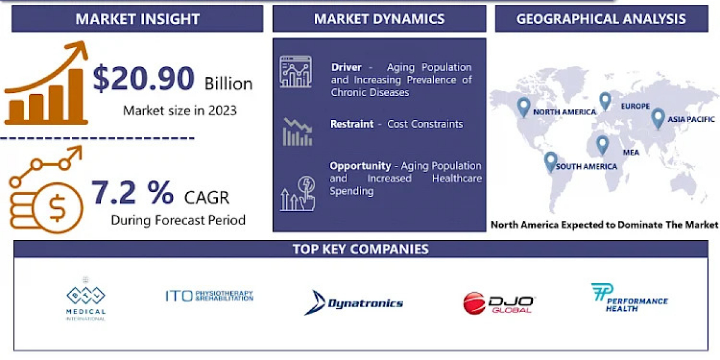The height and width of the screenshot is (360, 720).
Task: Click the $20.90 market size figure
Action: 143,78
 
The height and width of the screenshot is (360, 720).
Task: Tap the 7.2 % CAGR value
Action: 133,192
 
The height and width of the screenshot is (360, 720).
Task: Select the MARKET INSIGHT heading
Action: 137,19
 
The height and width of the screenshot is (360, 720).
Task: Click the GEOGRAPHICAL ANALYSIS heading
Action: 601,19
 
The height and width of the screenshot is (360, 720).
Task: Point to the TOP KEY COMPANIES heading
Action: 361,249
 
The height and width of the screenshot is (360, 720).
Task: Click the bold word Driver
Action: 346,67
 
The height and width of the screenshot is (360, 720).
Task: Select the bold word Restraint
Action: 352,124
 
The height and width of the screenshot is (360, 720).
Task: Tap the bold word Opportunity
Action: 361,166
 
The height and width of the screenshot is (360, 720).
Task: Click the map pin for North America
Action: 524,107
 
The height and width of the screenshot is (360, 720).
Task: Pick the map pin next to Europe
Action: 605,101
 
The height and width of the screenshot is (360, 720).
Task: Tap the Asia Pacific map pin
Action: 658,118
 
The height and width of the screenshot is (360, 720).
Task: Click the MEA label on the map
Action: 631,152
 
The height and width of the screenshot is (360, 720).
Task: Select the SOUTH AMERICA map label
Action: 586,167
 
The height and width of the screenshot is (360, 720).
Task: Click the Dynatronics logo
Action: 353,302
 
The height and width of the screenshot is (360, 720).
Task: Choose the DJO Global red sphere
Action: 474,303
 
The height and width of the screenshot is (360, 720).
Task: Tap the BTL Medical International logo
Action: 85,299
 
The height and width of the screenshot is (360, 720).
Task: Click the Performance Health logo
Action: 629,298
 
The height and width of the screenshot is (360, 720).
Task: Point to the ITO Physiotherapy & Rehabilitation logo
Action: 209,296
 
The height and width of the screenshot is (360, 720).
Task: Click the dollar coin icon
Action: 58,208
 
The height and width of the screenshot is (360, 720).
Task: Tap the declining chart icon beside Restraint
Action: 298,132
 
